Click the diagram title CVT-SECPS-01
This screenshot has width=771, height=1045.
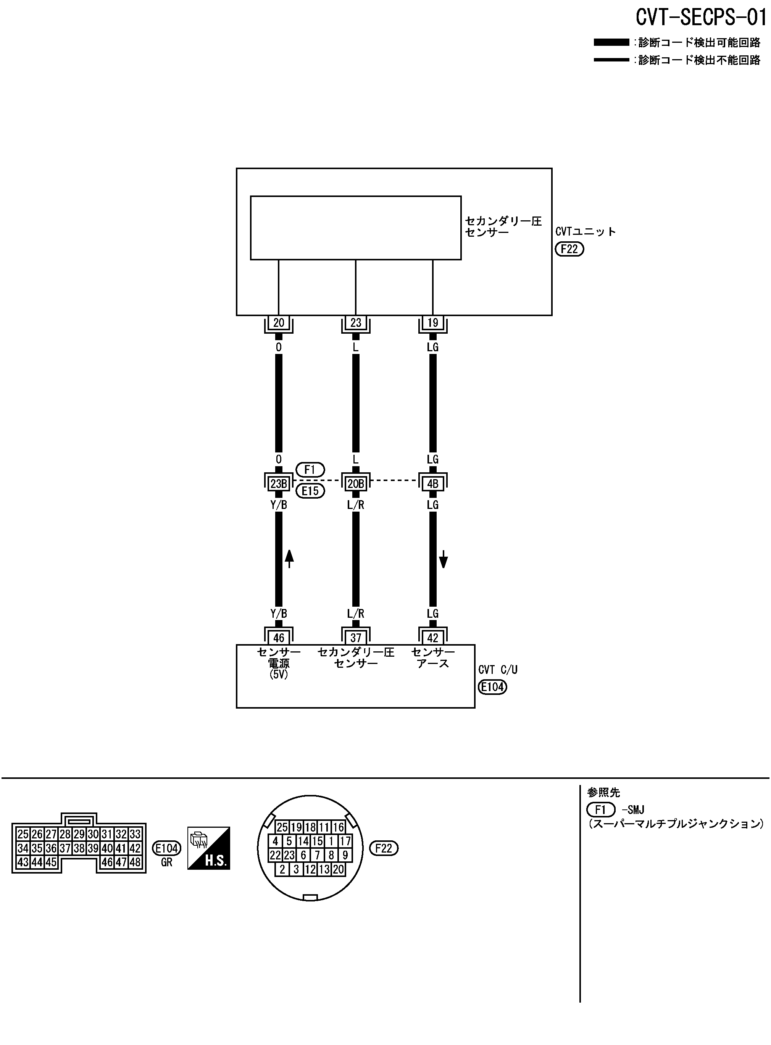click(701, 17)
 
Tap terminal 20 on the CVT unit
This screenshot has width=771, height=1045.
click(279, 323)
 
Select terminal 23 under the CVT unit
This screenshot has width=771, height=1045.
click(356, 323)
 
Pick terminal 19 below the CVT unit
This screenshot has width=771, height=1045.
click(432, 323)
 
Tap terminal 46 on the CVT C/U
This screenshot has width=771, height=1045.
click(279, 638)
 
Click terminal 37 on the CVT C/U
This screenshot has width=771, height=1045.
click(356, 638)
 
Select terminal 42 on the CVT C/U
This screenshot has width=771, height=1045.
click(432, 638)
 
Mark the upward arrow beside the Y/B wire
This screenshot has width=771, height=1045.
click(289, 558)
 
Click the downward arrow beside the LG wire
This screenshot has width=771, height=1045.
click(444, 559)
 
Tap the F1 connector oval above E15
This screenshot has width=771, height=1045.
click(310, 470)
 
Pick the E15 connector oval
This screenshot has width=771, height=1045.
click(310, 491)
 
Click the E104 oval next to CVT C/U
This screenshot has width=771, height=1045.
click(492, 687)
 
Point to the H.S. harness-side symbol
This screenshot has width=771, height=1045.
click(209, 848)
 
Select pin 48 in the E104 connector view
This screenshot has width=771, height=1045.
click(135, 862)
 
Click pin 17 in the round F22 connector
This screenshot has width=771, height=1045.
click(345, 841)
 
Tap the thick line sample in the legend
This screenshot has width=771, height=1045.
click(611, 42)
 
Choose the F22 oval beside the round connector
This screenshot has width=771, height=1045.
click(384, 848)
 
